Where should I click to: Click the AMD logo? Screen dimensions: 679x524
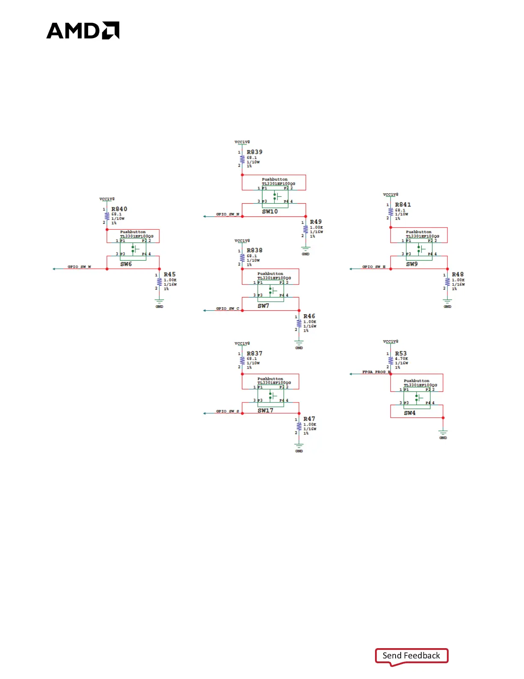click(x=83, y=30)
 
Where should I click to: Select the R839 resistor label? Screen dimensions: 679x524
click(x=254, y=152)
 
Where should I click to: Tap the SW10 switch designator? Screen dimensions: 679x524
click(x=270, y=211)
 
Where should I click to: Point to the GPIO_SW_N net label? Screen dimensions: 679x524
click(x=227, y=214)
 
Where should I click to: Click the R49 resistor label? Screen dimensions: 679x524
click(x=316, y=222)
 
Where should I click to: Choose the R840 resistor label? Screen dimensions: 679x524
click(x=119, y=209)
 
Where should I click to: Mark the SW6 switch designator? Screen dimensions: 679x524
click(x=126, y=264)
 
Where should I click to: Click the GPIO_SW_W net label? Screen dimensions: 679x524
click(x=79, y=267)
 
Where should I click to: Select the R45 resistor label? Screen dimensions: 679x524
click(x=170, y=274)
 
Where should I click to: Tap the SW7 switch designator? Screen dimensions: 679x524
click(x=263, y=306)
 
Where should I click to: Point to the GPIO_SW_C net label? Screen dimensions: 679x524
click(x=227, y=309)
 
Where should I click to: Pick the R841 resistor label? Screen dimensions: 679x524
click(x=402, y=205)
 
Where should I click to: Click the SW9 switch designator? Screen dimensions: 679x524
click(x=412, y=264)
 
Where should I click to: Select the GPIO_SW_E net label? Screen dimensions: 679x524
click(x=374, y=267)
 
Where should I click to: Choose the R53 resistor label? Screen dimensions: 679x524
click(x=401, y=354)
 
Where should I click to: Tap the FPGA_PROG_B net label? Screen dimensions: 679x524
click(x=376, y=372)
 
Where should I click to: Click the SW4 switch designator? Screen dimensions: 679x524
click(x=410, y=413)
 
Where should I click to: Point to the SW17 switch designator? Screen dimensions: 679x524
click(x=265, y=411)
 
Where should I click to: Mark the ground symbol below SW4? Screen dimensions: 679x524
click(x=443, y=433)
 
